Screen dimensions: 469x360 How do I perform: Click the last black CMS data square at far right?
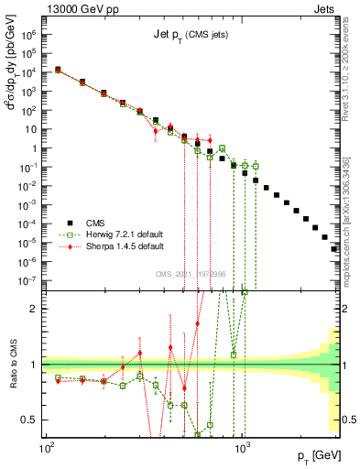coord(334,248)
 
